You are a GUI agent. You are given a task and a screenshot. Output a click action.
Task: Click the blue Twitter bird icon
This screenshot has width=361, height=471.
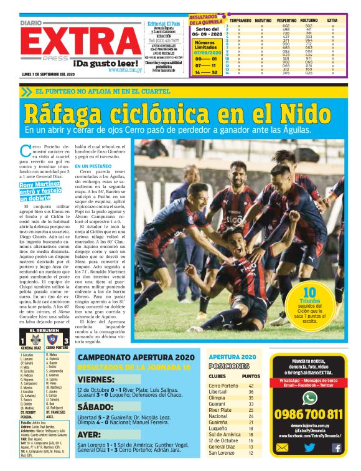[x=309, y=447]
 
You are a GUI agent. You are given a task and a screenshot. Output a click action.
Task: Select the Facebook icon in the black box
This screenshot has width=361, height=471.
[x=336, y=447]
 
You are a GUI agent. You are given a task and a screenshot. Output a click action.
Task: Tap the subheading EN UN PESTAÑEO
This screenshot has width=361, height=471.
[x=93, y=166]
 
